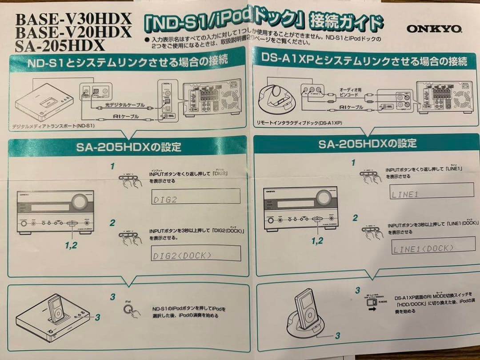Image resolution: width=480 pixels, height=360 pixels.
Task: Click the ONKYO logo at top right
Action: [x=434, y=29]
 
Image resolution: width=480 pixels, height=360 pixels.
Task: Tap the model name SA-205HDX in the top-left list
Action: [x=60, y=45]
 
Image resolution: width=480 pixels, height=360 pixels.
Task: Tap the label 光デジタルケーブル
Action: [x=125, y=105]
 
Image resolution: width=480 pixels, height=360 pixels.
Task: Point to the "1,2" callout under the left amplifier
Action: [x=71, y=245]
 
